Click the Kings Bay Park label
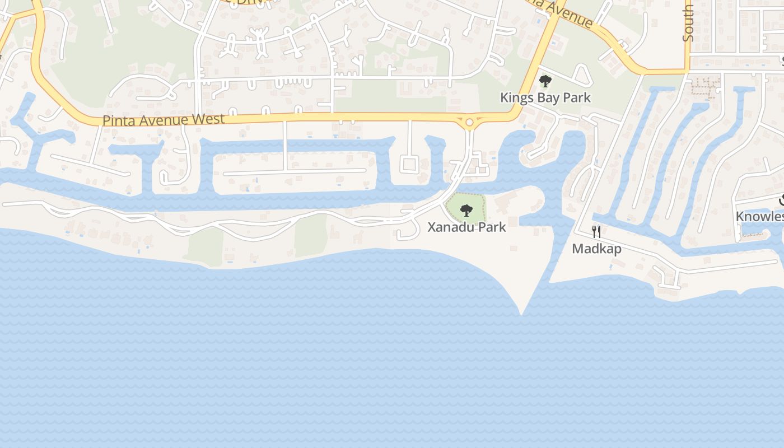545,97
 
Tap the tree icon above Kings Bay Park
545,82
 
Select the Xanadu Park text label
466,227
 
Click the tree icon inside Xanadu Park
466,211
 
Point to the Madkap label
596,248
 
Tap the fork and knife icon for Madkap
596,232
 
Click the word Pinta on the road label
118,120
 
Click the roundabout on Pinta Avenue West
469,122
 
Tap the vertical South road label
688,22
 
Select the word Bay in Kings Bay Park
546,97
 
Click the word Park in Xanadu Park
490,227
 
